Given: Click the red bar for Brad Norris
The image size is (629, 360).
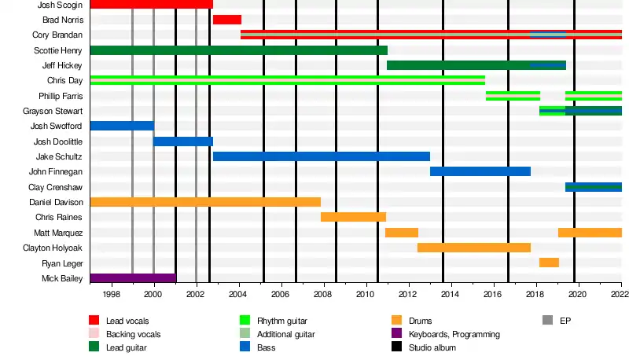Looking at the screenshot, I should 227,20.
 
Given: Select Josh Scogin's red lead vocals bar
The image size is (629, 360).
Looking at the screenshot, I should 151,5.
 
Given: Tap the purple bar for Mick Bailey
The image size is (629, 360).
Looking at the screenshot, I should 132,278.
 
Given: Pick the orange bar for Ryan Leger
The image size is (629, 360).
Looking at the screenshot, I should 549,263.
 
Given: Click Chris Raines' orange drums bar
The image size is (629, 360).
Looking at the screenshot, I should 353,217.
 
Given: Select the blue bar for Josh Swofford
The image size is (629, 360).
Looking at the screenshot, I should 122,126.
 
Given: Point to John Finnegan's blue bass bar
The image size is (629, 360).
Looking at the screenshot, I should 480,171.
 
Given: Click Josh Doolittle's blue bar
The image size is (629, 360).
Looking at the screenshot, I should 182,141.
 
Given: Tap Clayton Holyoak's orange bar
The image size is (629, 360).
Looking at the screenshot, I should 473,248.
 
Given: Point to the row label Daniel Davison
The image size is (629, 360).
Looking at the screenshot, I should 56,203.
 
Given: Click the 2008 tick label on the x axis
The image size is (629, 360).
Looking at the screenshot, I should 322,294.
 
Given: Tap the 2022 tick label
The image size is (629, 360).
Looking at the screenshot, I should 620,294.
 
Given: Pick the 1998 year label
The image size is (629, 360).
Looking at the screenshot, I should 111,294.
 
